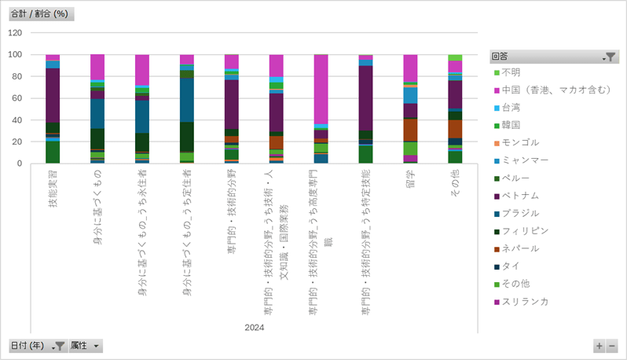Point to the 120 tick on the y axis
coord(15,33)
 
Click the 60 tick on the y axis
coord(17,98)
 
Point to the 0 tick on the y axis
coord(20,163)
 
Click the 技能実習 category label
coord(53,189)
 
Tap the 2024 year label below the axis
coord(254,328)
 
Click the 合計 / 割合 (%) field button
coord(41,15)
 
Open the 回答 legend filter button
coord(610,57)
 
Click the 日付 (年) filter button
coord(37,346)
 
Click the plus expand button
coord(599,346)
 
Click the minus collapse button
coord(612,346)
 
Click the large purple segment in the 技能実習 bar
coord(53,94)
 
